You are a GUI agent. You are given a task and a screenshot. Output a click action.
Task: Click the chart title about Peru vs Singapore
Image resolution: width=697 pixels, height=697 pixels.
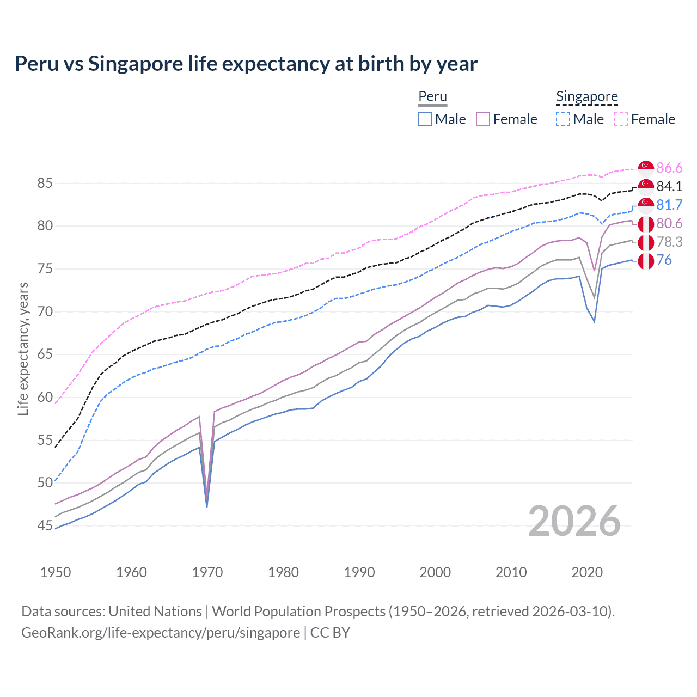246,64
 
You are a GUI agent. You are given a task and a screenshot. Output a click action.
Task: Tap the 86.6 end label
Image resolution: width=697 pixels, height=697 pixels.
669,168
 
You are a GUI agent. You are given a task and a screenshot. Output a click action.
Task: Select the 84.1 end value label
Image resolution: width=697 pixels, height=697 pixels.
669,186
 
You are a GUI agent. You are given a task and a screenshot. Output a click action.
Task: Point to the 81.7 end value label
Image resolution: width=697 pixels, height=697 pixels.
669,205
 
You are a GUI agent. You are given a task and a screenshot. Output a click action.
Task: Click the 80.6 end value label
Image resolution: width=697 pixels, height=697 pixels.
669,223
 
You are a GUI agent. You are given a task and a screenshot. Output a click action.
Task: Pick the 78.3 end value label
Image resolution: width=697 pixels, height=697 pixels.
669,242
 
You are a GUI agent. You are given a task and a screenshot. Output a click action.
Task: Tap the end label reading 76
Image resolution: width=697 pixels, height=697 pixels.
664,260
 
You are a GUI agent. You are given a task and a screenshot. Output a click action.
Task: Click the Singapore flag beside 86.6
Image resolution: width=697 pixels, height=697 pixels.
646,168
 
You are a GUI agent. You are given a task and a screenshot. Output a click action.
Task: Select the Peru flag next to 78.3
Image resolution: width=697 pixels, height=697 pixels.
646,242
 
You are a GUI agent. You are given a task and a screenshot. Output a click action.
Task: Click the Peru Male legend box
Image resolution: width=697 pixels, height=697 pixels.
425,119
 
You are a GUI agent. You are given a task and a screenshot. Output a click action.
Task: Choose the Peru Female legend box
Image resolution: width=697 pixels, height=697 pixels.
483,119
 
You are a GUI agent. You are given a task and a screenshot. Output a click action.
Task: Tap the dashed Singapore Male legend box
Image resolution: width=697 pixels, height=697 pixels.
563,119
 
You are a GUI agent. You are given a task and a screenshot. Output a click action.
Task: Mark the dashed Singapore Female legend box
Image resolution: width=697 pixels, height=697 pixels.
621,119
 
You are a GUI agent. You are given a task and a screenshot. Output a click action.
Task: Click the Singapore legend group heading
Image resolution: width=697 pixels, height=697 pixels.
587,96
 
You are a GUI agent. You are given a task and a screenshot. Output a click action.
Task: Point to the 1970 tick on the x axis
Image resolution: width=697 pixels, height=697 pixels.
207,572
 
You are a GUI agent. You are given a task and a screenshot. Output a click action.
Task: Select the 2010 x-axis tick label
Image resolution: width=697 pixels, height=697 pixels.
511,572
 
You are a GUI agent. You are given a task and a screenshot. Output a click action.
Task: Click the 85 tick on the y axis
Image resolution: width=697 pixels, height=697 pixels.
45,184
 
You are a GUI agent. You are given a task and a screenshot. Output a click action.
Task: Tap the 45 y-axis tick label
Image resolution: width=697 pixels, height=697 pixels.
45,526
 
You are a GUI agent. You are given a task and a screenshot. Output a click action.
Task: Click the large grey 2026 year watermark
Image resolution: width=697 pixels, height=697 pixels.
574,521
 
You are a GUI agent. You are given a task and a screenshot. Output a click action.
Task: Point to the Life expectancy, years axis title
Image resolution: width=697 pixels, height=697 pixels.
23,348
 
